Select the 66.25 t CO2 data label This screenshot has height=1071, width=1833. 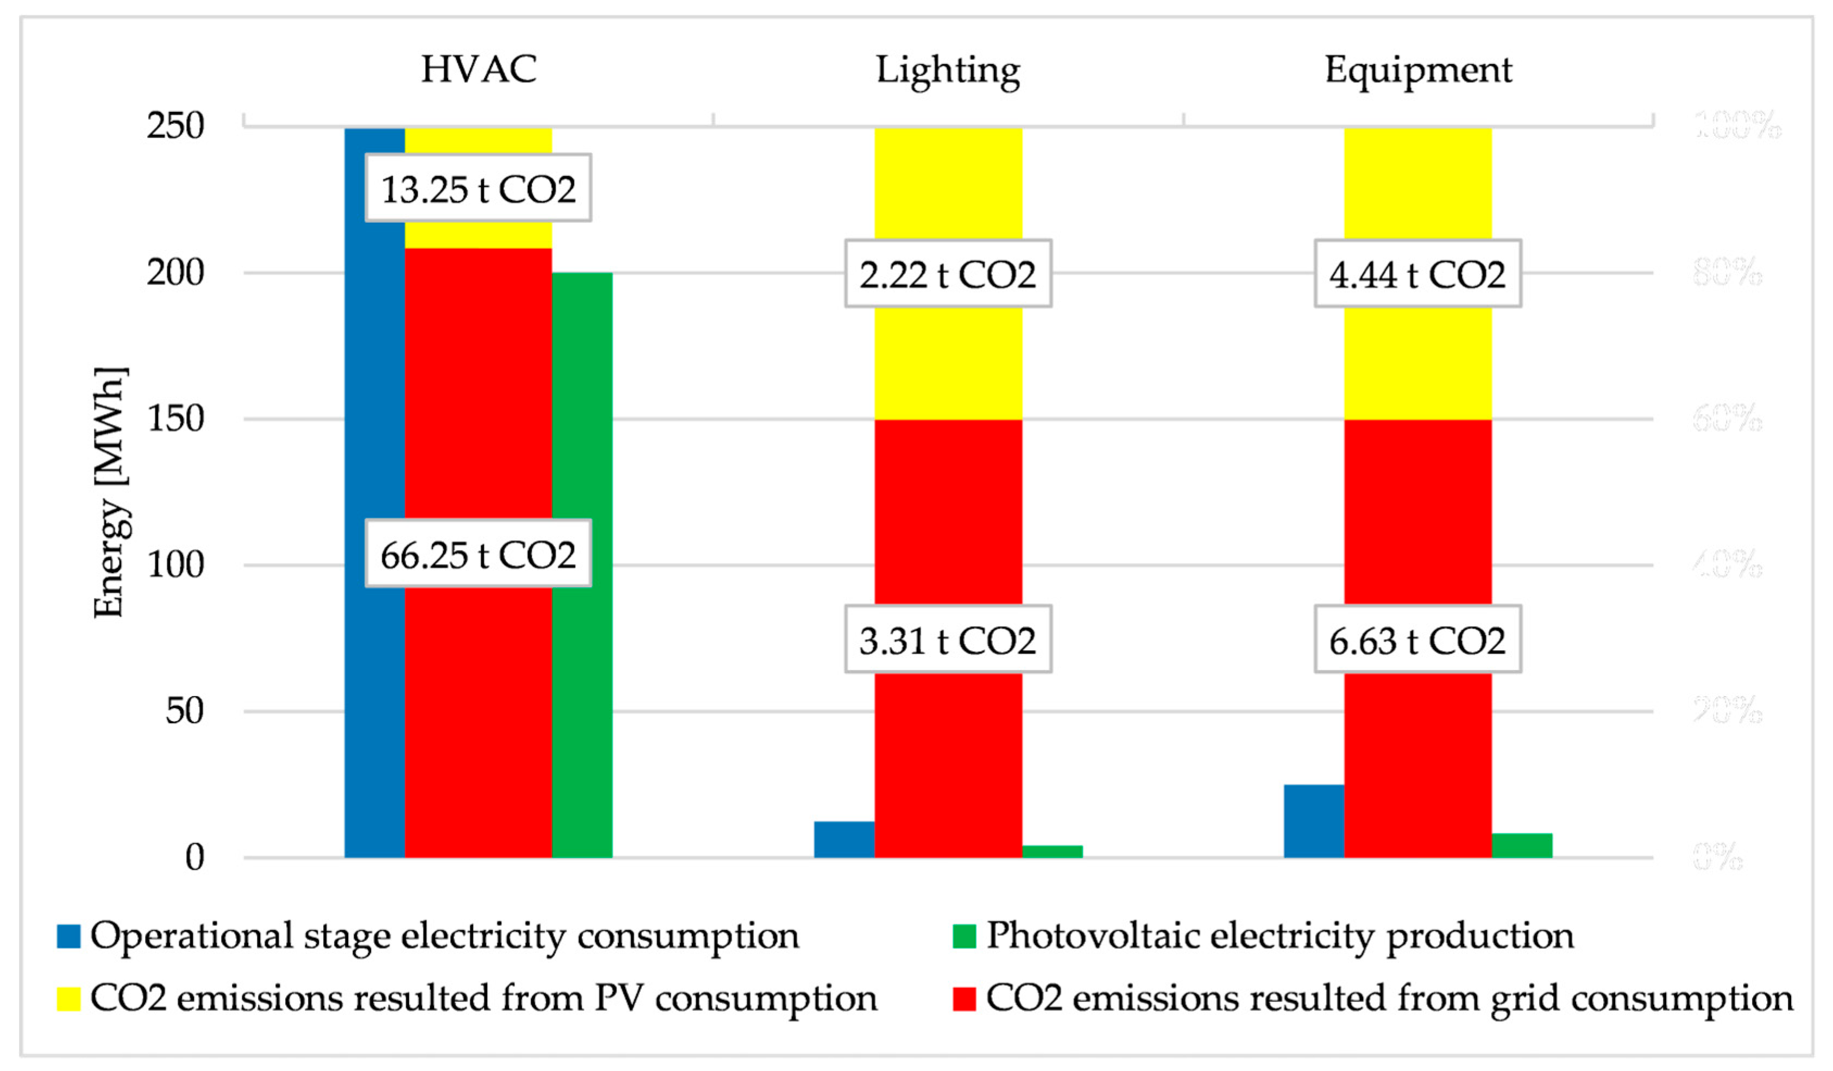pos(478,554)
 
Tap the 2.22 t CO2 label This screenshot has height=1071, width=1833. pos(948,273)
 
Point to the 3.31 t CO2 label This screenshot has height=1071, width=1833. pos(948,640)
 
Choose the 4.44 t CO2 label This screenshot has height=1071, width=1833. pos(1418,273)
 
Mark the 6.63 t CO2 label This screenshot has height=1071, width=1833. pos(1418,640)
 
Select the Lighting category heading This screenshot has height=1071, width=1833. pos(948,71)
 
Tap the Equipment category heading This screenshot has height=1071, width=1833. pos(1418,71)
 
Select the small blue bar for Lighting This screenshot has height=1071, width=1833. pos(844,839)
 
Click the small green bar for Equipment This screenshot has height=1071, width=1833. pos(1522,845)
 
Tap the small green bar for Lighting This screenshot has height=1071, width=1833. pos(1052,851)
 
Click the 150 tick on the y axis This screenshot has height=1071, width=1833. pos(175,418)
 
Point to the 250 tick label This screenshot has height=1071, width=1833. pos(175,126)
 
